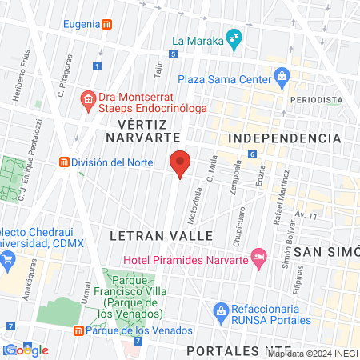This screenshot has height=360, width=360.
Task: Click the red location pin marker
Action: (x=180, y=162)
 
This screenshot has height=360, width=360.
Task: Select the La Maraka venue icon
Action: (x=234, y=37)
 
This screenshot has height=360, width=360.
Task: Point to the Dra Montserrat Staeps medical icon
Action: (x=87, y=100)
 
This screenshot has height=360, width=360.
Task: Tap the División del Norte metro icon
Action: (x=62, y=162)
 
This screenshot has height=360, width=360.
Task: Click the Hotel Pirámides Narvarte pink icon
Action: (x=258, y=258)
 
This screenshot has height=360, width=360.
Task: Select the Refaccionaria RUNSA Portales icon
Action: (x=220, y=310)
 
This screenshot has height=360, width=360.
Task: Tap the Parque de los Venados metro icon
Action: (x=78, y=330)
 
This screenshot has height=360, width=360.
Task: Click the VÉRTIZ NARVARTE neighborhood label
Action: (x=146, y=131)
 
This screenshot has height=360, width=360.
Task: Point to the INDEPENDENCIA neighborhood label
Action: (x=285, y=138)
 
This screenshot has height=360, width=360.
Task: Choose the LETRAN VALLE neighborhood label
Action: (x=161, y=236)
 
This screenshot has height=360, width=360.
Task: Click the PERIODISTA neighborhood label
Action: (x=316, y=100)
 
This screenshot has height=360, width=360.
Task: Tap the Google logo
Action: (x=26, y=350)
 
